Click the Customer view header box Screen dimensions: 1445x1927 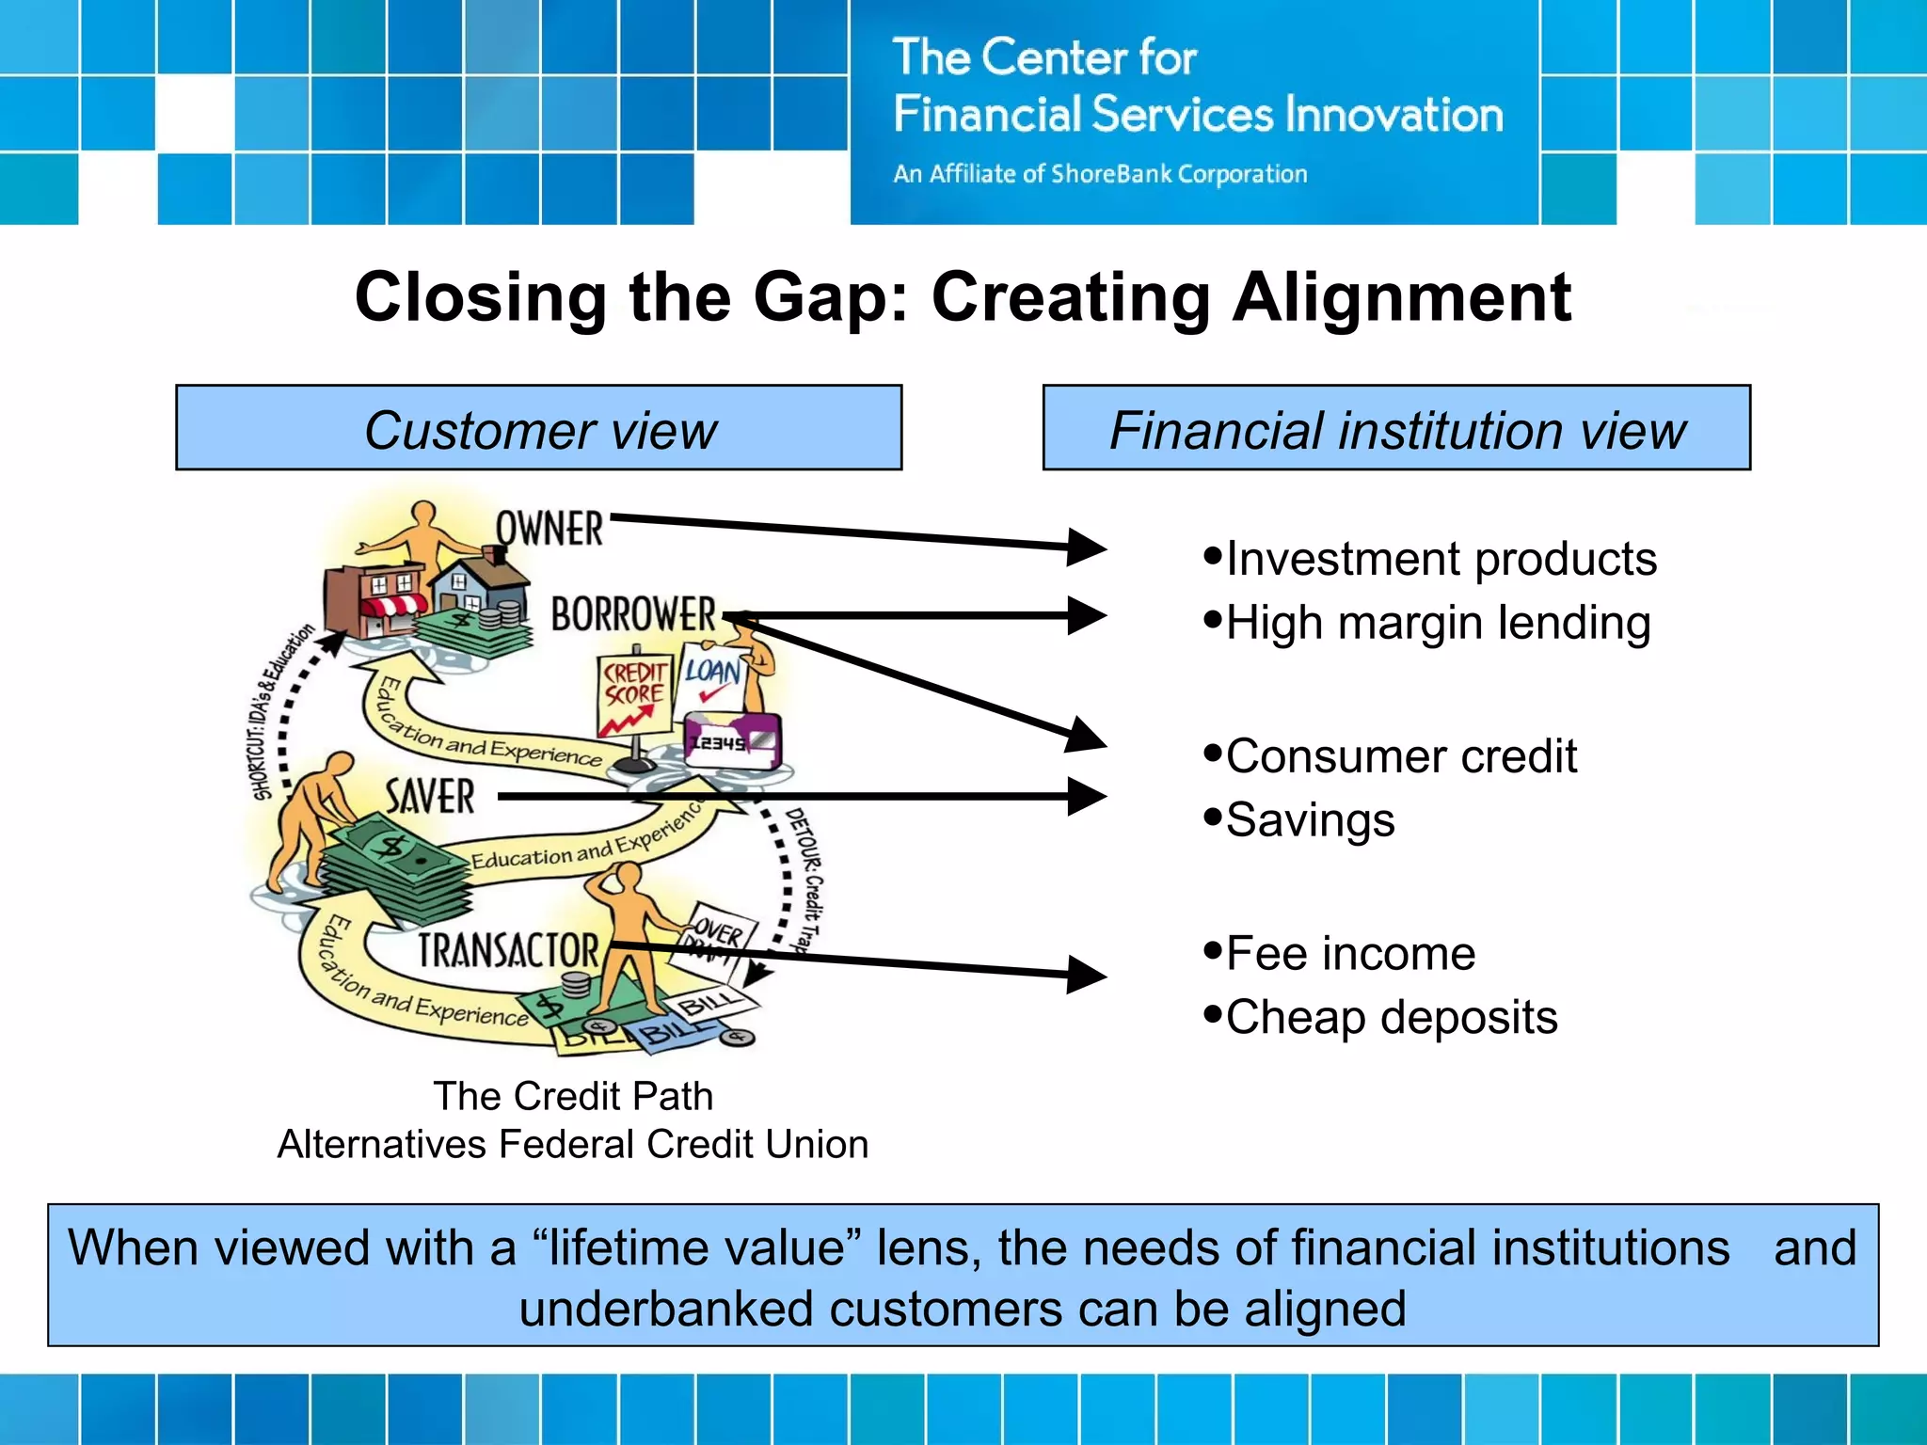[x=538, y=428]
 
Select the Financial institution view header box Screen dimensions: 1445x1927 [x=1396, y=428]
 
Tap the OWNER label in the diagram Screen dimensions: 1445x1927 [x=549, y=529]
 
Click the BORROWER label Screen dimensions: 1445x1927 [x=633, y=614]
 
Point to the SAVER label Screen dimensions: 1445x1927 [x=430, y=797]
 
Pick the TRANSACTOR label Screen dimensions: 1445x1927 [x=508, y=950]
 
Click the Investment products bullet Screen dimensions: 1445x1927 [x=1440, y=559]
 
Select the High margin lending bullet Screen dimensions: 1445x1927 [x=1437, y=623]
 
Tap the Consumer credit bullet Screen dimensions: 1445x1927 [x=1400, y=756]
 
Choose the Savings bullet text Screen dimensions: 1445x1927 [x=1310, y=820]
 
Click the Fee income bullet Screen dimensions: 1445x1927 [x=1349, y=954]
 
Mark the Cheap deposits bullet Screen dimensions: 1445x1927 [x=1391, y=1018]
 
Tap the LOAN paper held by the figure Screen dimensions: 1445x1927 [x=712, y=677]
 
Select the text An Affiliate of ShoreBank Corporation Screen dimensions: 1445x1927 [x=1100, y=174]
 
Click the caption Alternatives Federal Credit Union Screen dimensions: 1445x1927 [x=573, y=1145]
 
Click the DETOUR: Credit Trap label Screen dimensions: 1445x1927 [x=805, y=880]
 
